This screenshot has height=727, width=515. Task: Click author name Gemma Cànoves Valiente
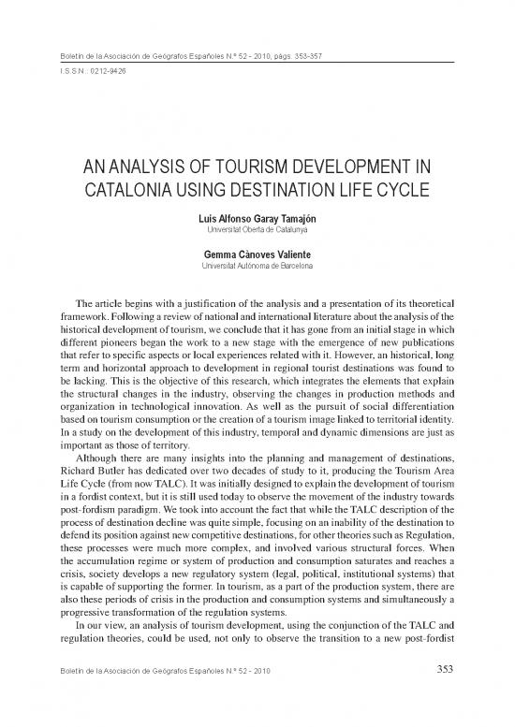[x=257, y=255]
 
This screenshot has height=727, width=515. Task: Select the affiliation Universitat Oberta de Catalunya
[x=257, y=228]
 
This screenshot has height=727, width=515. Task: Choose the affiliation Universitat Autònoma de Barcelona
[x=257, y=267]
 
